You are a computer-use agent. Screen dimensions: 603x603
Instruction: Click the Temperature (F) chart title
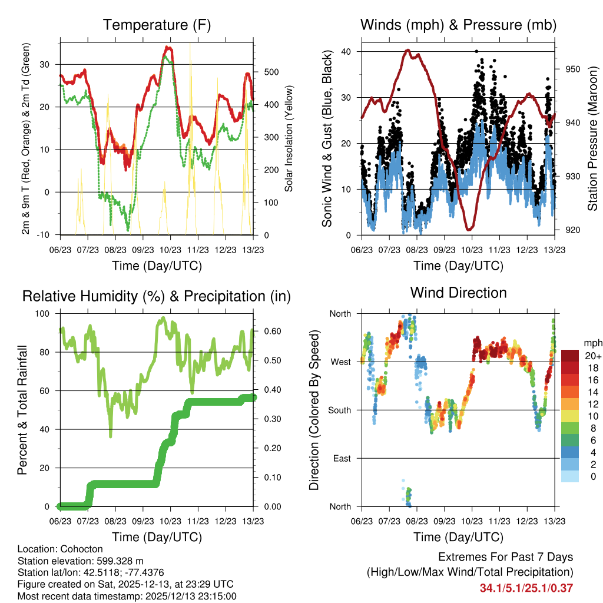tap(157, 25)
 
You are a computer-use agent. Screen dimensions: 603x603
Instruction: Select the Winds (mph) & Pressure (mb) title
tap(458, 25)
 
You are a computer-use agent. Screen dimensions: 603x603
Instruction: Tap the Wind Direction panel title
tap(458, 293)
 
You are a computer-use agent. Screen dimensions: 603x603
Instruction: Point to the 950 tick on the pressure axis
tap(571, 69)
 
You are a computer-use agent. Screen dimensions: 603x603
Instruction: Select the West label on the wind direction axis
tap(341, 362)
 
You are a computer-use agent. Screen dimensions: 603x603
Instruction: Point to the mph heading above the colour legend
tap(592, 343)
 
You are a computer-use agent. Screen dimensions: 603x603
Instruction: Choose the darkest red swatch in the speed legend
tap(570, 356)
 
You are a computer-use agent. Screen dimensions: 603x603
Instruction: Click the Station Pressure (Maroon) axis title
tap(592, 138)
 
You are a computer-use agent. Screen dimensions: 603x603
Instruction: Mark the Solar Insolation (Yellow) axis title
tap(289, 138)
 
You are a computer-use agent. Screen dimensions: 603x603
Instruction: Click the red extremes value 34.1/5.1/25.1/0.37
tap(526, 588)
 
